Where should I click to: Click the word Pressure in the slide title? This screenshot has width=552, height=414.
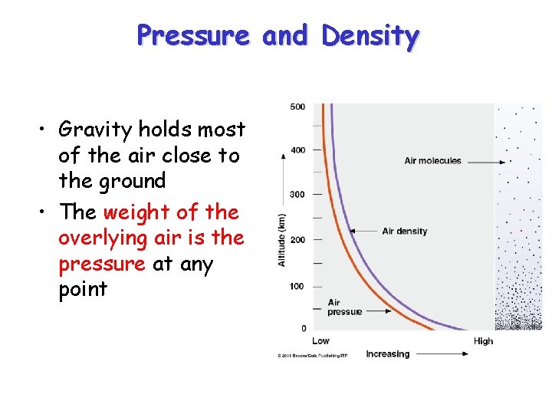[193, 36]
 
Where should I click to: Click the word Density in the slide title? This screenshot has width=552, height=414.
[370, 36]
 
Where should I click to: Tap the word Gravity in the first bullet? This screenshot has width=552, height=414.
[95, 130]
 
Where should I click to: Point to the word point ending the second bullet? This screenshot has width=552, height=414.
[83, 290]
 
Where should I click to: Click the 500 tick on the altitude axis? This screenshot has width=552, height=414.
[297, 107]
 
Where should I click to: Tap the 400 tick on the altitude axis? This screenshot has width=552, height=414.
[297, 150]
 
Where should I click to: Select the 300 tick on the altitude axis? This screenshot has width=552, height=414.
[297, 195]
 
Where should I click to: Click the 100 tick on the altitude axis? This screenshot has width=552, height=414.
[297, 286]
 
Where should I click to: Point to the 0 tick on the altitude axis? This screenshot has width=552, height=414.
[303, 328]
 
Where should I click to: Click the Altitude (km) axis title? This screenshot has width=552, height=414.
[281, 240]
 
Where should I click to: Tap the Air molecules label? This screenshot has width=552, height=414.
[432, 161]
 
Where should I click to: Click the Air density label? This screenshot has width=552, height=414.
[404, 231]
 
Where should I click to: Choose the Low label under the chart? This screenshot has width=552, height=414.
[320, 341]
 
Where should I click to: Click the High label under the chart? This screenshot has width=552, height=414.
[483, 341]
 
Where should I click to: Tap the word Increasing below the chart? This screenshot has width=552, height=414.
[387, 354]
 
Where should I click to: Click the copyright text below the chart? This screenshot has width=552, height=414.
[312, 356]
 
